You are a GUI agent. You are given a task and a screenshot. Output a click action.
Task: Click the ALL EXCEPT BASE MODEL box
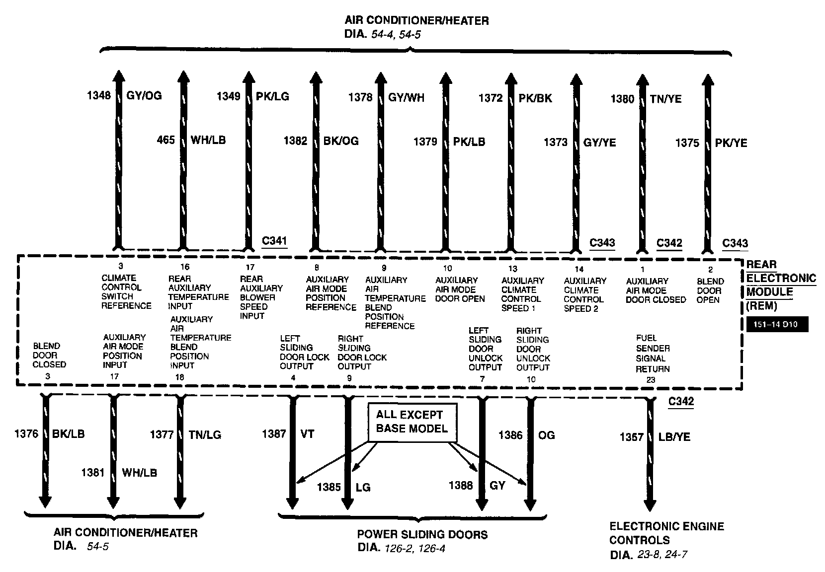(x=412, y=422)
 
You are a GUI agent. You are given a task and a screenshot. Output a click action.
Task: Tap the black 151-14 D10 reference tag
(x=777, y=325)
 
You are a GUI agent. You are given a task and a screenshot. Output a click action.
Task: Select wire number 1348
(x=99, y=95)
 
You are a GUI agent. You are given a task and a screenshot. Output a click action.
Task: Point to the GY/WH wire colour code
(x=406, y=97)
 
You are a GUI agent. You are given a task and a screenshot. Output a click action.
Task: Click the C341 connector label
(x=274, y=241)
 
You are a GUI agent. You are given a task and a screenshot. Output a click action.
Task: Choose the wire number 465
(x=166, y=140)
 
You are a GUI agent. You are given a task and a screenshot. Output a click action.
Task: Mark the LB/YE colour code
(x=674, y=437)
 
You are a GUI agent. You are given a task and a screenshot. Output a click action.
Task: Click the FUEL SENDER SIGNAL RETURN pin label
(x=653, y=354)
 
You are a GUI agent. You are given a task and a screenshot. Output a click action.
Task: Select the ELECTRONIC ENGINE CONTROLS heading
(x=666, y=533)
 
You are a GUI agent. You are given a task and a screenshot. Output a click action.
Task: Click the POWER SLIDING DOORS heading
(x=422, y=535)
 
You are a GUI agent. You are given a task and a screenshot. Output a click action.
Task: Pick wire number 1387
(x=274, y=434)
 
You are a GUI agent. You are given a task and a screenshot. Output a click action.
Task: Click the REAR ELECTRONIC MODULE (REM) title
(x=780, y=285)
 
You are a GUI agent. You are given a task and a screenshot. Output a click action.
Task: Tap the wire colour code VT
(x=308, y=434)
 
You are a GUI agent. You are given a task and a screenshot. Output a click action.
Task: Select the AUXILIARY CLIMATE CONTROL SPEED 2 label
(x=585, y=294)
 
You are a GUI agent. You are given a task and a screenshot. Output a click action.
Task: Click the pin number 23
(x=651, y=380)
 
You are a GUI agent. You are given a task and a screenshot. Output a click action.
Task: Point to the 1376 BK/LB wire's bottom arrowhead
(x=45, y=501)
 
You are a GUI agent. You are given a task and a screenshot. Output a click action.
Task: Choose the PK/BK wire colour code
(x=535, y=98)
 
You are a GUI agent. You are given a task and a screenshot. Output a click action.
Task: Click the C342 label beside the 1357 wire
(x=681, y=402)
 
